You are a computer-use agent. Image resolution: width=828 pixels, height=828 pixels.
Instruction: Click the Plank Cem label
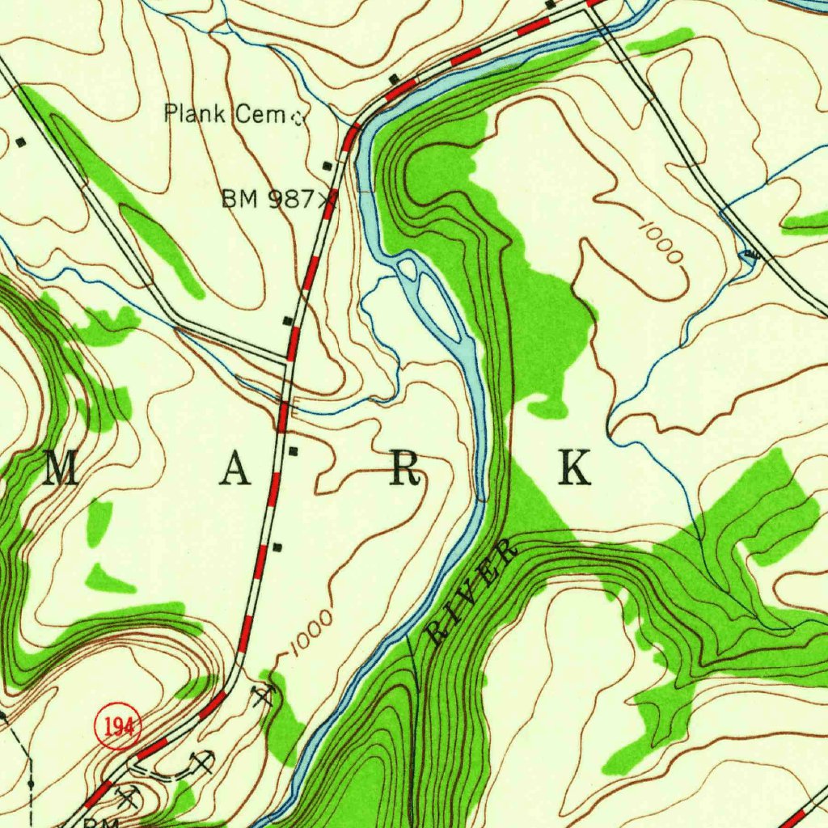pyautogui.click(x=225, y=114)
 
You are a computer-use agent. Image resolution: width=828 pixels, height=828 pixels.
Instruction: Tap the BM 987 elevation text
pyautogui.click(x=268, y=199)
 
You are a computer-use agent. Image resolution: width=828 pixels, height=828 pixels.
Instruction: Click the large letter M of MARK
pyautogui.click(x=62, y=470)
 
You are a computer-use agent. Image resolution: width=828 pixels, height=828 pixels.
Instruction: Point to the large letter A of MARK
pyautogui.click(x=234, y=470)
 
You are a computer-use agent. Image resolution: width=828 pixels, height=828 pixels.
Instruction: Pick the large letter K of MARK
pyautogui.click(x=575, y=468)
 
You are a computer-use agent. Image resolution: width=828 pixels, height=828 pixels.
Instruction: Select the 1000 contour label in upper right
pyautogui.click(x=661, y=242)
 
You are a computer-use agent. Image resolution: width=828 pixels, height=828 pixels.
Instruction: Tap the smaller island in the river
pyautogui.click(x=408, y=269)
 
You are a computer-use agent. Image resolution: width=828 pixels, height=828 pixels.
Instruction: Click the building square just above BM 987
pyautogui.click(x=327, y=166)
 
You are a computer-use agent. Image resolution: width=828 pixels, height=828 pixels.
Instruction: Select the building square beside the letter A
pyautogui.click(x=294, y=451)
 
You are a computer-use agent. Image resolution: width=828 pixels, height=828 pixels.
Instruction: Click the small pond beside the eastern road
pyautogui.click(x=750, y=256)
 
